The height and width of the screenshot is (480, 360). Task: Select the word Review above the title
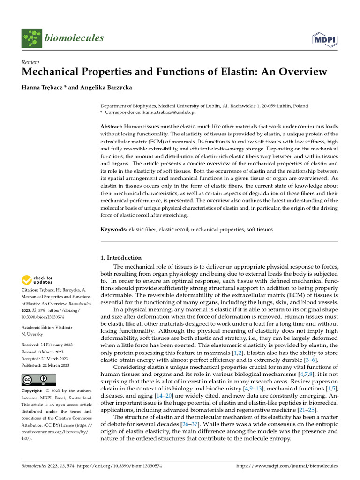[30, 62]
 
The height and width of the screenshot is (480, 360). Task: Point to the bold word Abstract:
[112, 127]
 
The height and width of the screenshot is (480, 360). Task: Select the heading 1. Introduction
[121, 258]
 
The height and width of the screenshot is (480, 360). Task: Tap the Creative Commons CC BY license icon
[38, 379]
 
